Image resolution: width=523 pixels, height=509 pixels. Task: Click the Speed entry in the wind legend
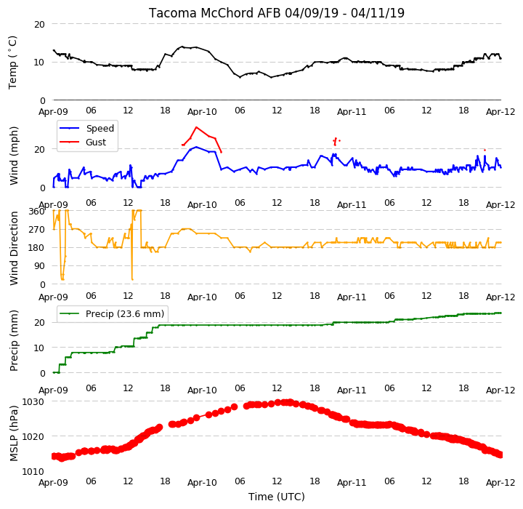(x=100, y=128)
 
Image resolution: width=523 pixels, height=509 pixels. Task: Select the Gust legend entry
(x=96, y=143)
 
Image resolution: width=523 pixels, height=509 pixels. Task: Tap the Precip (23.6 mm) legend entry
(x=125, y=314)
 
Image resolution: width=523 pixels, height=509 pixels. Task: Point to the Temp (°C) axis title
(x=12, y=63)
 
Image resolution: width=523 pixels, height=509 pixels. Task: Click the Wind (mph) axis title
(x=14, y=156)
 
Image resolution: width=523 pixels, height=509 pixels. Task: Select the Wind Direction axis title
(x=14, y=248)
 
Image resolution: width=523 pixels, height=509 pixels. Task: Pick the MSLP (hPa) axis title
(x=14, y=433)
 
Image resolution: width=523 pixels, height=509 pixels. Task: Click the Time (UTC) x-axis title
(x=277, y=497)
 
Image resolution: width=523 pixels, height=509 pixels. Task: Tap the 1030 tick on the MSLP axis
(x=33, y=402)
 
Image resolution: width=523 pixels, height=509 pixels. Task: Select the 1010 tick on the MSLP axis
(x=33, y=472)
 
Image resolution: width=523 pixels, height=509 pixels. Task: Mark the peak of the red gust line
(x=196, y=127)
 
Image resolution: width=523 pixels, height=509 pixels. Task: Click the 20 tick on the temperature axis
(x=39, y=25)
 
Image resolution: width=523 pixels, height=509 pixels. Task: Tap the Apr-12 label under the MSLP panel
(x=500, y=483)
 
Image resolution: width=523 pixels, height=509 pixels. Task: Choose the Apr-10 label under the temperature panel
(x=202, y=112)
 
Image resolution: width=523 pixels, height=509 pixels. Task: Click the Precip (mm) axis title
(x=14, y=341)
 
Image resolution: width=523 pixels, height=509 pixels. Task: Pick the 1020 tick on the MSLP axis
(x=33, y=437)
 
